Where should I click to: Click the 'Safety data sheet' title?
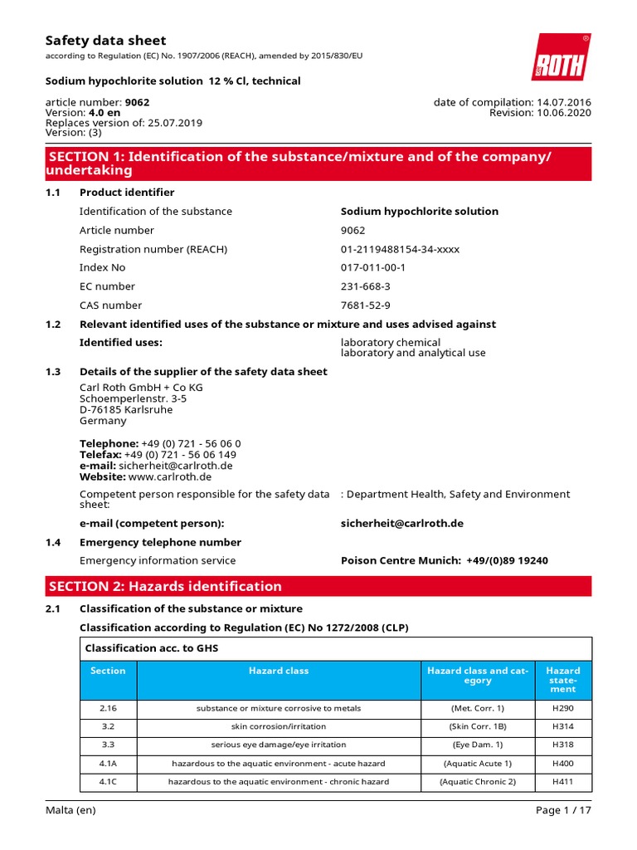[x=105, y=40]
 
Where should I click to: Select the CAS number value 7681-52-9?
[x=365, y=305]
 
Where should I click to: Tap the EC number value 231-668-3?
[x=365, y=286]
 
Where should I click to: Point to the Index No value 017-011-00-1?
[x=373, y=267]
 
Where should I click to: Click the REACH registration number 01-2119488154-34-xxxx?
[x=400, y=249]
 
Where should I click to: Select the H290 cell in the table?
[x=562, y=708]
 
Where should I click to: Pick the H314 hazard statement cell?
[x=562, y=726]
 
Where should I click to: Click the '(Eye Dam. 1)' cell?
[x=477, y=745]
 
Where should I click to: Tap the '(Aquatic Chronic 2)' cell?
[x=477, y=781]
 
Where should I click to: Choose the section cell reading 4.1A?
[x=108, y=763]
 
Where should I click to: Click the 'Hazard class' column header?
[x=279, y=671]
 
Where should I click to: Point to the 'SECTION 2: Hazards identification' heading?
[x=165, y=586]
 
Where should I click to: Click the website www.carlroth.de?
[x=170, y=476]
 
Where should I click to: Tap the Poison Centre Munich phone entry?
[x=444, y=560]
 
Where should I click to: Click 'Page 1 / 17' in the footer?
[x=559, y=810]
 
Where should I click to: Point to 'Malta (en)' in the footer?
[x=71, y=810]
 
